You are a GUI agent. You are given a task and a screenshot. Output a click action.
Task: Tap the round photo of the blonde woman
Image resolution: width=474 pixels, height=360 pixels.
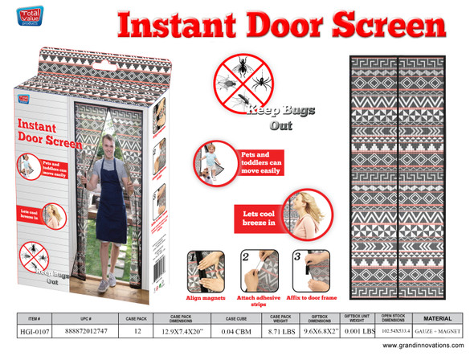pyautogui.click(x=296, y=214)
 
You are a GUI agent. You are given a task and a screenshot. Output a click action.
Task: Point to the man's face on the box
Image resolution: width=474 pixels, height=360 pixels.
pyautogui.click(x=107, y=148)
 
